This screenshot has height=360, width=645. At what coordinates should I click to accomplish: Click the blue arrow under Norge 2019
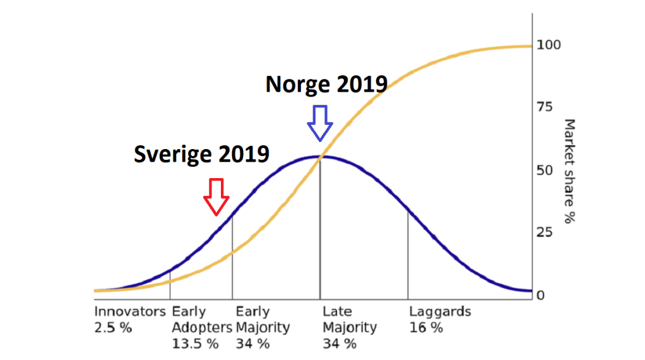(x=320, y=123)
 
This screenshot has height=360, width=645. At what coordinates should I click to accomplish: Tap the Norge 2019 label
(x=326, y=84)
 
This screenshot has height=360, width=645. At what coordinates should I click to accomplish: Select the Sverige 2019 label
(x=201, y=155)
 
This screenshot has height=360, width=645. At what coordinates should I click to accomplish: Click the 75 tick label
(x=545, y=108)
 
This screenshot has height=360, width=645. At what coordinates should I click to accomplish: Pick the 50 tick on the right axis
(x=545, y=171)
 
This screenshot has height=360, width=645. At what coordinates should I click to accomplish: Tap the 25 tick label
(x=545, y=233)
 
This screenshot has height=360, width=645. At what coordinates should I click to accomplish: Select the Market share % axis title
(x=570, y=171)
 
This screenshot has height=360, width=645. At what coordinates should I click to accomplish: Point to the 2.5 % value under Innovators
(x=113, y=328)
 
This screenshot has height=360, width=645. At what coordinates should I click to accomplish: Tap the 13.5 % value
(x=195, y=344)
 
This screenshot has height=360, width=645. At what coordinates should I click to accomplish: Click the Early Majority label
(x=263, y=320)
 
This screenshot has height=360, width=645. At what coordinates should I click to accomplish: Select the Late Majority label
(x=350, y=320)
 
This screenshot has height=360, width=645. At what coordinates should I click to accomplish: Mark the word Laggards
(x=440, y=312)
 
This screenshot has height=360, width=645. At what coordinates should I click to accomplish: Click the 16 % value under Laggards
(x=426, y=328)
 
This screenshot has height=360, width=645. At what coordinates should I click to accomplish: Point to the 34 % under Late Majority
(x=340, y=344)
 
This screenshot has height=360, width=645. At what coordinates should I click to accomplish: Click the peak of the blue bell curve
(x=320, y=157)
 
